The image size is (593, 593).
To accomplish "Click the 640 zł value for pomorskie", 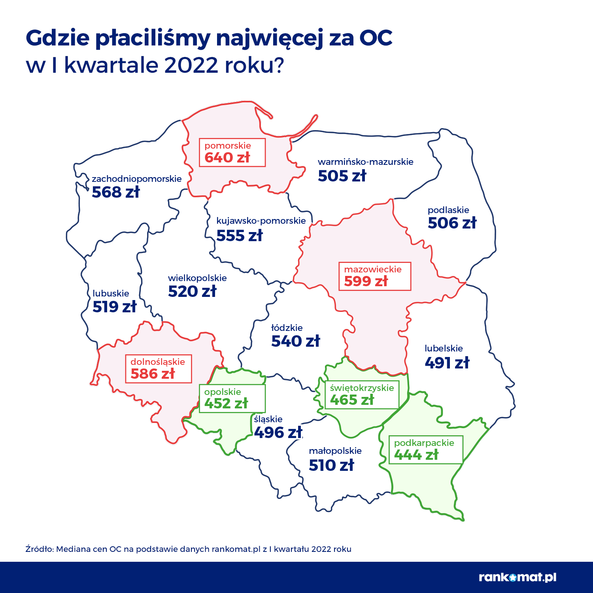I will (227, 157).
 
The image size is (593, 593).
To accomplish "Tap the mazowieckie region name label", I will (372, 269).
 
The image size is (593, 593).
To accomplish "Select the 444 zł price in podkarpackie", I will (416, 455).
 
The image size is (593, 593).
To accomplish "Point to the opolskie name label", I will (223, 392).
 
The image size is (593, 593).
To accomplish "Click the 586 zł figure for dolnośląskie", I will (153, 374).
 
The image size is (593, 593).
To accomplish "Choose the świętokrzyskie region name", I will (362, 388).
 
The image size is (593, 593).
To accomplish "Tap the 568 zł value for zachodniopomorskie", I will (116, 192).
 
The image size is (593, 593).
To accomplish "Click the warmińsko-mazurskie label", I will (365, 162).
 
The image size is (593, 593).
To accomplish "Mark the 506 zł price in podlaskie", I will (452, 223).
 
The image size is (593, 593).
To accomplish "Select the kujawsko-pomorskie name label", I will (261, 221).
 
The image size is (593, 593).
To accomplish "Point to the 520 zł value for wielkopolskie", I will (192, 291).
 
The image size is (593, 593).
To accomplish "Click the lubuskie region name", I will (111, 293).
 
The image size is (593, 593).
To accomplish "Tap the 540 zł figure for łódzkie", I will (295, 341).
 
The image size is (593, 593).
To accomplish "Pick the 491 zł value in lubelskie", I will (447, 363).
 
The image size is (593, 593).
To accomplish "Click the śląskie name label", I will (268, 419).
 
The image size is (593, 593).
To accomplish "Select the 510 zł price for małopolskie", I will (331, 465).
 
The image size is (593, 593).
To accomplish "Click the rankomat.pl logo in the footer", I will (517, 577).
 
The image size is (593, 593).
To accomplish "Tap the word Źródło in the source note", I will (39, 549).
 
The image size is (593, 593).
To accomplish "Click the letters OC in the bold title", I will (376, 38).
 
